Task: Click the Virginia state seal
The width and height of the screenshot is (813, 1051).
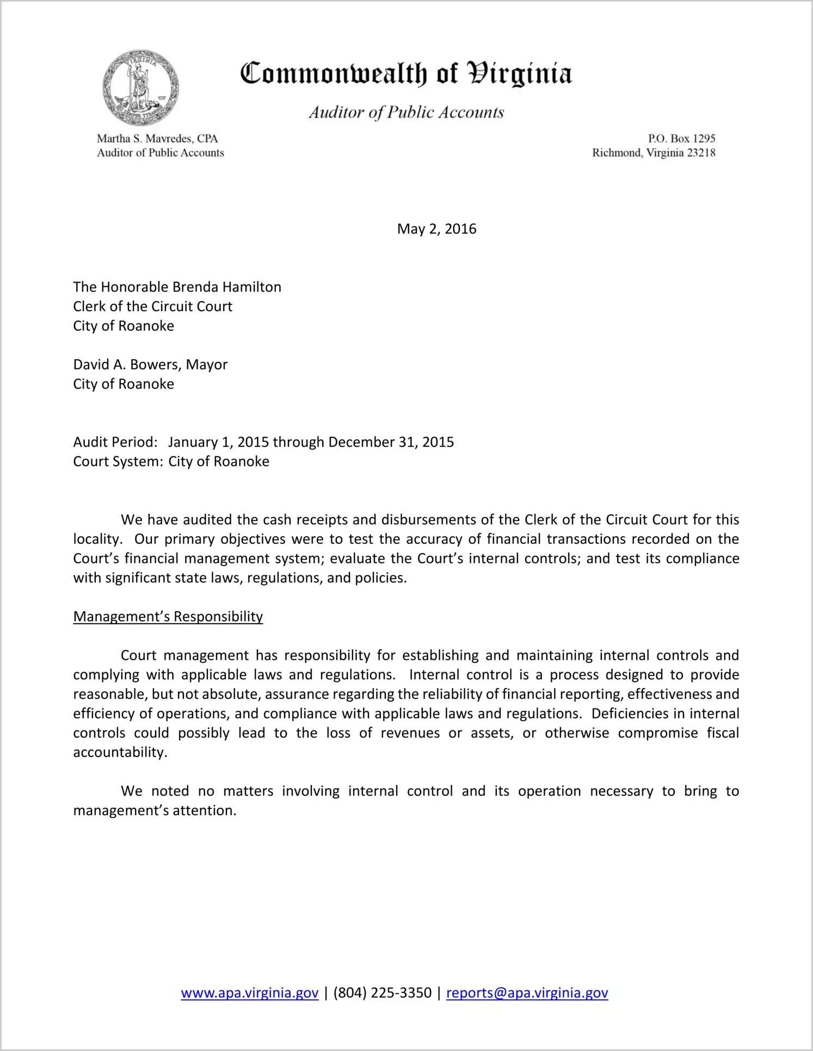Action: click(x=140, y=88)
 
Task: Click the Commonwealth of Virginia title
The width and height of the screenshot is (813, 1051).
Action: click(x=406, y=73)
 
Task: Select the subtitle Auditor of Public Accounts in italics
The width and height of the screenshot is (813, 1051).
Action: click(x=406, y=112)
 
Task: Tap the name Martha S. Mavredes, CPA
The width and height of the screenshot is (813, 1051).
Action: click(x=157, y=138)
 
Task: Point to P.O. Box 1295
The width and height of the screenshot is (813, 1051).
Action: click(x=681, y=138)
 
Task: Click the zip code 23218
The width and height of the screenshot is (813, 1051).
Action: click(x=701, y=152)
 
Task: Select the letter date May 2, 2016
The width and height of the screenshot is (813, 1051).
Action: click(x=436, y=229)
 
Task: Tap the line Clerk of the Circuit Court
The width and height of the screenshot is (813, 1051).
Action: click(x=153, y=306)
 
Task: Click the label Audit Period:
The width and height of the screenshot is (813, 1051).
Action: click(x=115, y=442)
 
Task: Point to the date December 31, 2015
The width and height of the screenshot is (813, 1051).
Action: click(x=391, y=442)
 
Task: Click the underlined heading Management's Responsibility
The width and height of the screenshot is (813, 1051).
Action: click(x=168, y=616)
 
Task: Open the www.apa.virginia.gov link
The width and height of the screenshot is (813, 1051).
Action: click(x=249, y=993)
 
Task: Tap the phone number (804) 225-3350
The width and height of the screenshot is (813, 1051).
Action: click(x=382, y=993)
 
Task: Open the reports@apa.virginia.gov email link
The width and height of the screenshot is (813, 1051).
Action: click(x=527, y=993)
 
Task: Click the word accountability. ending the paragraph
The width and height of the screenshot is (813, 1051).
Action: click(x=120, y=752)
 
